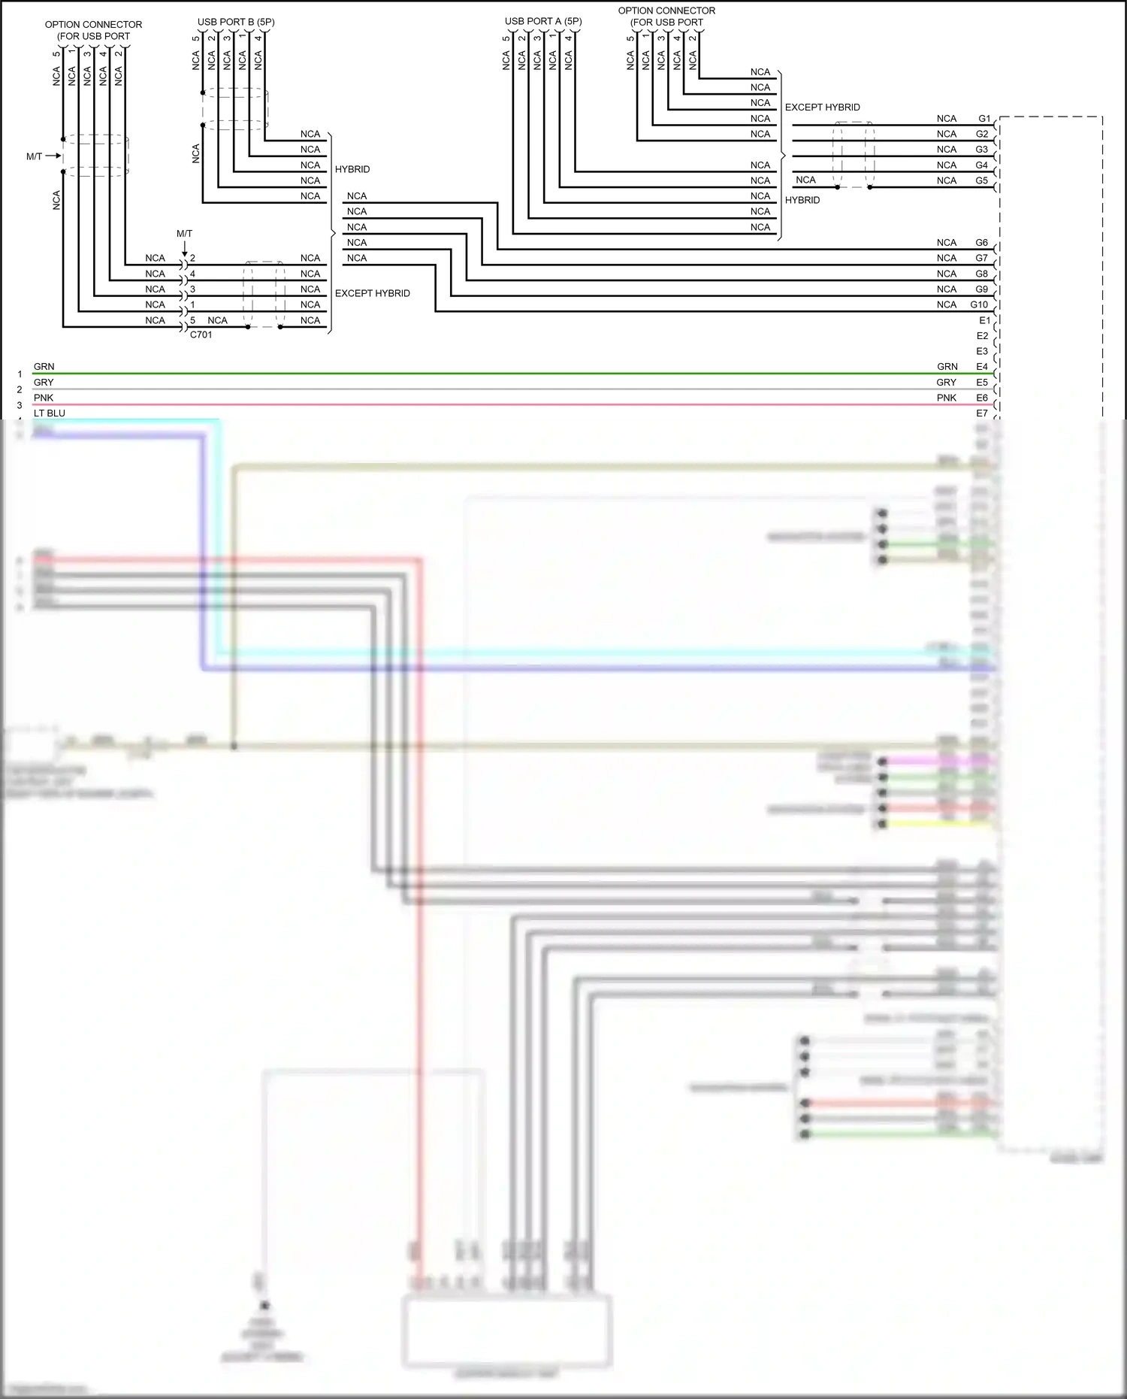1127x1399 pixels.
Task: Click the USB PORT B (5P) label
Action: pyautogui.click(x=236, y=23)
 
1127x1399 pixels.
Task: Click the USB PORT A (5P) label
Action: pyautogui.click(x=543, y=22)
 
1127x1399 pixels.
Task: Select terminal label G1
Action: pyautogui.click(x=984, y=119)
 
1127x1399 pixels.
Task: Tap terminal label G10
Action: pyautogui.click(x=979, y=304)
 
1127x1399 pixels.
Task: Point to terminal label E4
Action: pyautogui.click(x=982, y=367)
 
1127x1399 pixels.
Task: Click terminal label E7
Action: pyautogui.click(x=982, y=413)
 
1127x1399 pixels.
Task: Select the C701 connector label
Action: pyautogui.click(x=201, y=335)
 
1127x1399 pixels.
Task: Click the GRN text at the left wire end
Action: pyautogui.click(x=44, y=367)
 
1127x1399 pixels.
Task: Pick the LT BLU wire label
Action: pyautogui.click(x=50, y=413)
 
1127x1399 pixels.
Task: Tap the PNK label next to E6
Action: pyautogui.click(x=947, y=398)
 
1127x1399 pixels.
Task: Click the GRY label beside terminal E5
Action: pyautogui.click(x=947, y=383)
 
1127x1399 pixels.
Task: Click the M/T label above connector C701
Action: pyautogui.click(x=184, y=234)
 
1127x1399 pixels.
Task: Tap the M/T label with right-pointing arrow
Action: pyautogui.click(x=35, y=156)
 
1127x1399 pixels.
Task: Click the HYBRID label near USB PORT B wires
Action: pyautogui.click(x=352, y=169)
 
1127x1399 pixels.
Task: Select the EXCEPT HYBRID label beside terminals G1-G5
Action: pyautogui.click(x=822, y=107)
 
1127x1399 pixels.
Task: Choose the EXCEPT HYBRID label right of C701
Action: pyautogui.click(x=372, y=293)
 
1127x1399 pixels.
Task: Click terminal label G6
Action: pyautogui.click(x=982, y=243)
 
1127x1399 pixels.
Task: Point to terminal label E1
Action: pyautogui.click(x=984, y=320)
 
